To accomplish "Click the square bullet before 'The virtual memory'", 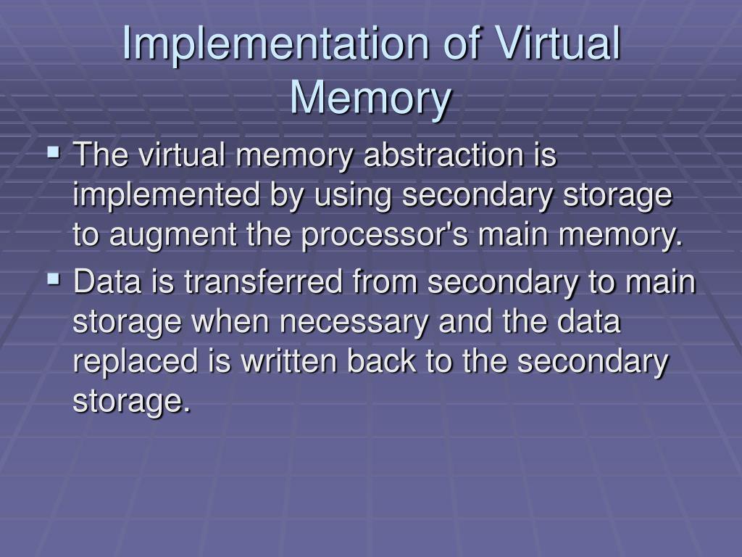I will coord(54,153).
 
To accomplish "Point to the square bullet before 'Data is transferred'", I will coord(54,278).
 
